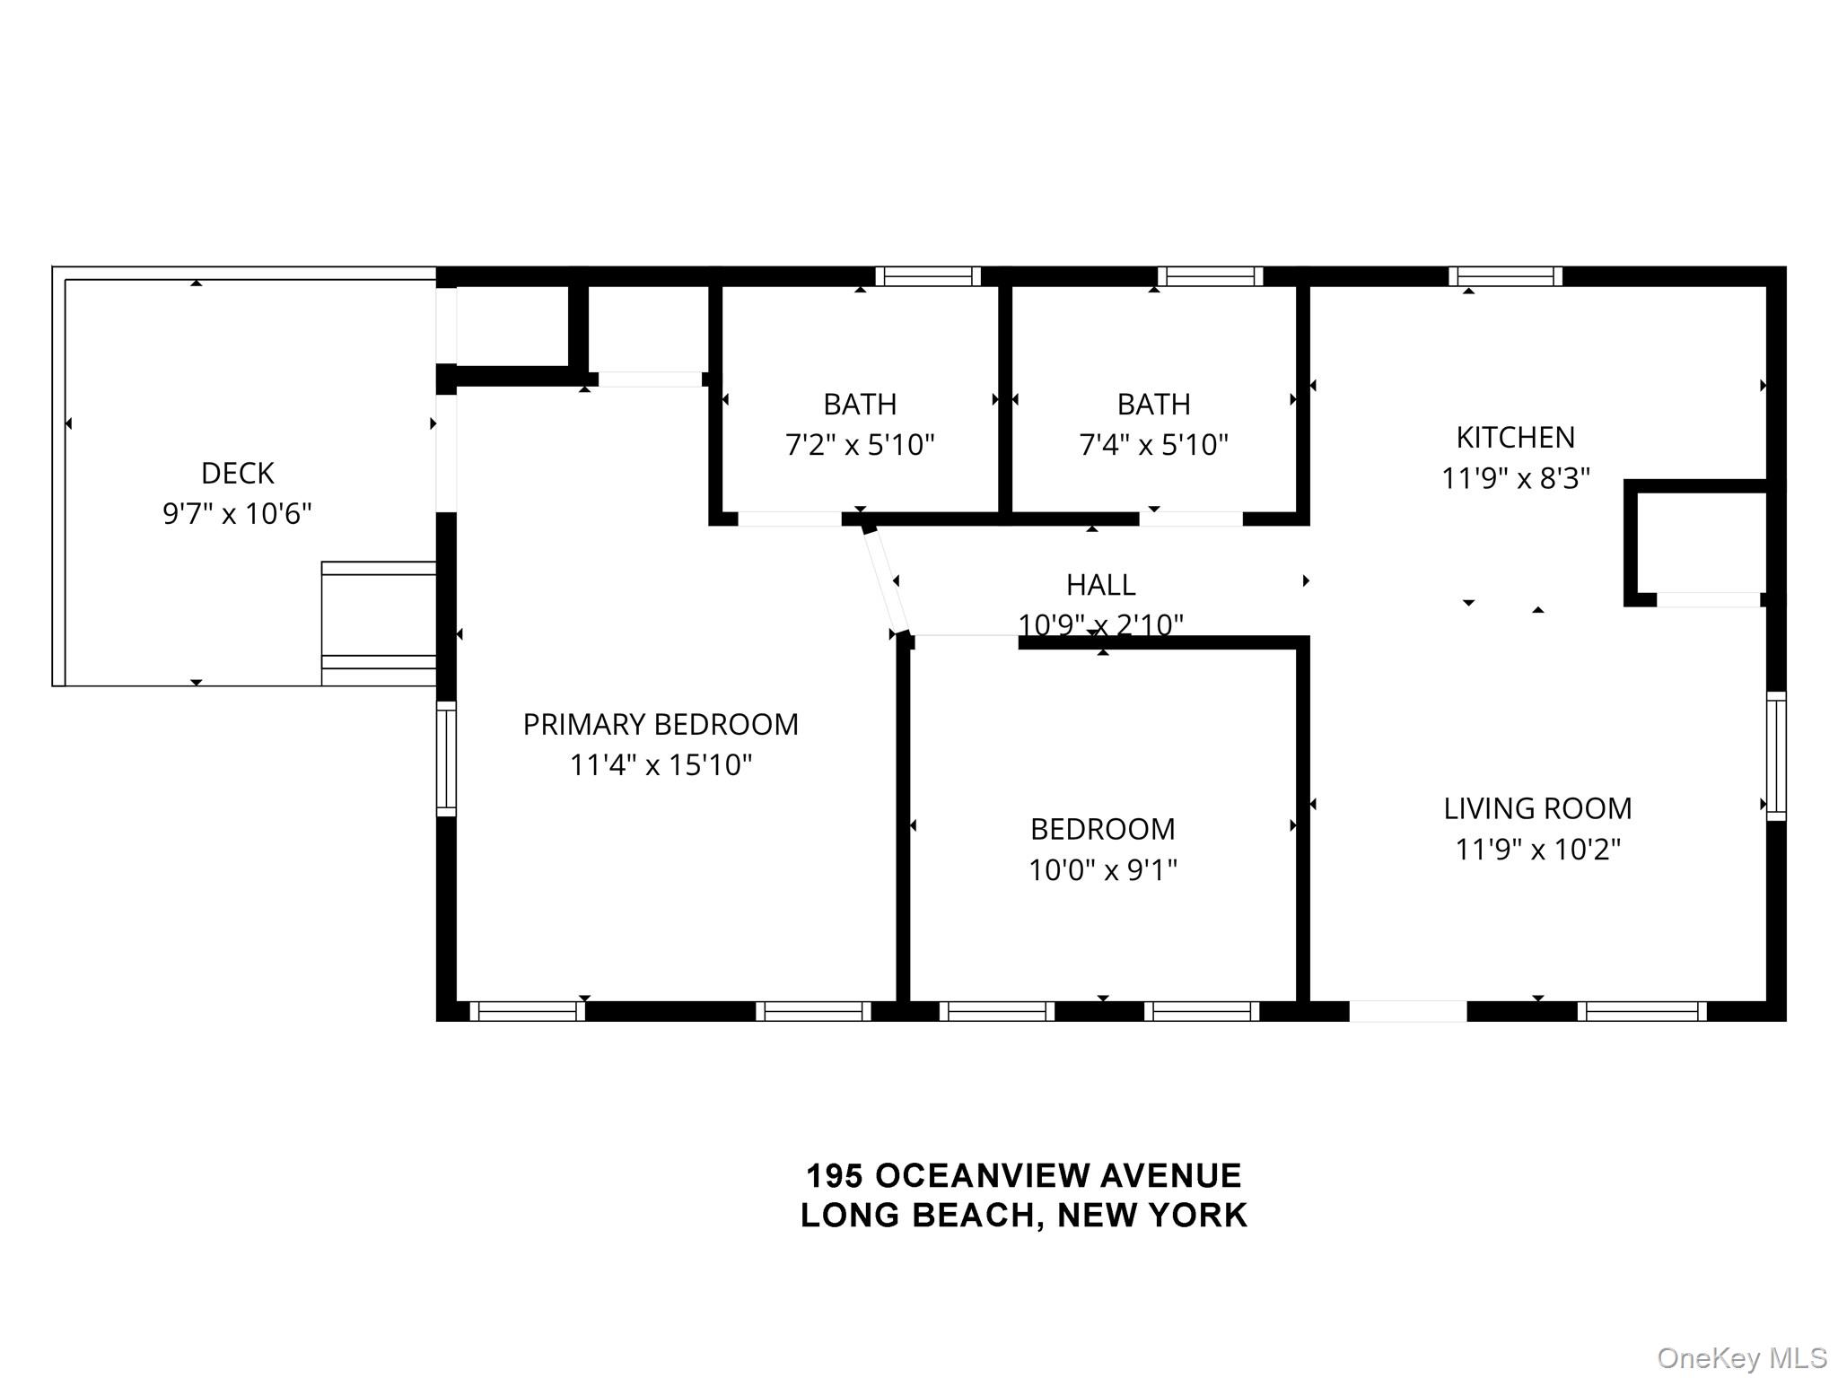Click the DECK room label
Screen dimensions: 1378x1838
pos(237,473)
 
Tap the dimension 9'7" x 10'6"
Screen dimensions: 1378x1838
pos(237,514)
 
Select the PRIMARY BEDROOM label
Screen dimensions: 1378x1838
pos(661,724)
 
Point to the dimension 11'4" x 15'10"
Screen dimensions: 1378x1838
pos(661,765)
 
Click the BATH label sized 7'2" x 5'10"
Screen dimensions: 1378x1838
pos(860,405)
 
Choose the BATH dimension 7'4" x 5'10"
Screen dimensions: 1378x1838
pos(1153,445)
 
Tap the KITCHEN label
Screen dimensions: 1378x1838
pos(1515,438)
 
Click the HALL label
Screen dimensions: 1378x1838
pos(1100,585)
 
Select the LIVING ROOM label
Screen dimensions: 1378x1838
pos(1537,808)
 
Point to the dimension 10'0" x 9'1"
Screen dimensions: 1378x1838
pos(1102,870)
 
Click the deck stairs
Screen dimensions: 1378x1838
pos(379,624)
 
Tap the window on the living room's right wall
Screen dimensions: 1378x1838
pos(1776,756)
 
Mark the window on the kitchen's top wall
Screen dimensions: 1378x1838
pos(1505,276)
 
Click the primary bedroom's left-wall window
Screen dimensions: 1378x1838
pos(446,759)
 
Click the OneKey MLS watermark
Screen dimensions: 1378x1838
pos(1741,1357)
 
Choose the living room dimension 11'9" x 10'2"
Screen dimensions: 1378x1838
pos(1537,850)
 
